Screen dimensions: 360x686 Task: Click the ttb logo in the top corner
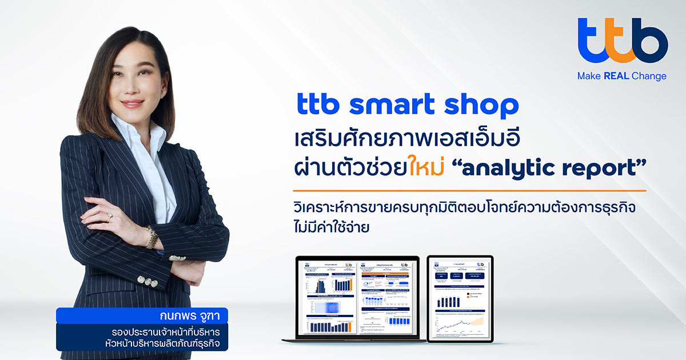pos(622,41)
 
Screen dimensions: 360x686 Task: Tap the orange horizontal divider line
pos(469,191)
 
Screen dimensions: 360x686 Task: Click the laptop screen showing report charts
pos(354,297)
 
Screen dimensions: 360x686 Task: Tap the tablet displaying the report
pos(460,299)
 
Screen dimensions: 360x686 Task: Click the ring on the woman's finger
pos(109,218)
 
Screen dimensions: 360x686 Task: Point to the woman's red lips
pos(132,104)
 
